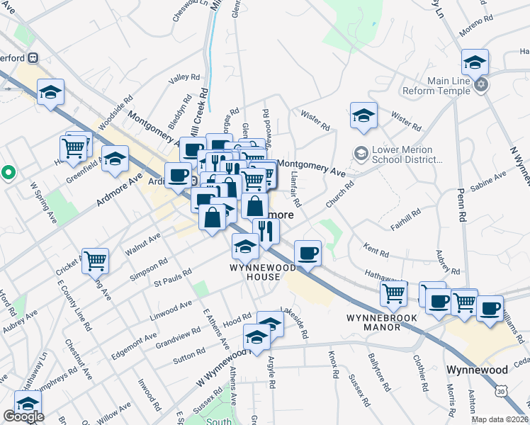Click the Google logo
point(23,416)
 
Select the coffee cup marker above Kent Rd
point(308,253)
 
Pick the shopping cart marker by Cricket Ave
point(95,260)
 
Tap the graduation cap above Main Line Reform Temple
point(475,62)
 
